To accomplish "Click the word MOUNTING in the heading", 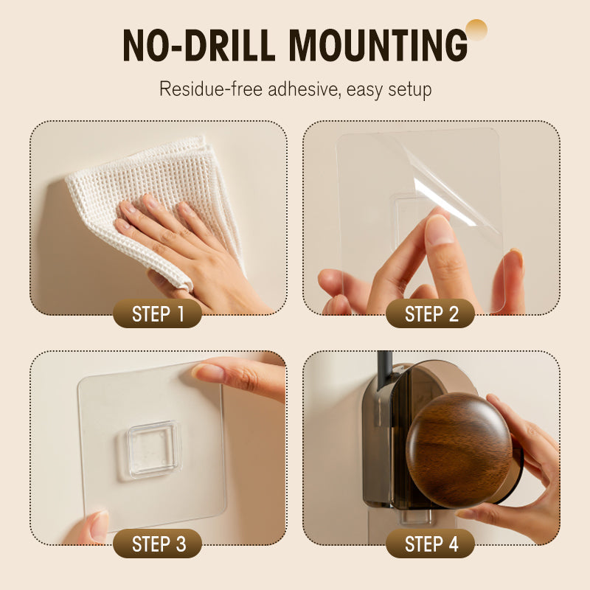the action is [378, 45].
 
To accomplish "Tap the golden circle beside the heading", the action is [476, 29].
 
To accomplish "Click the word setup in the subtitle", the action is [410, 90].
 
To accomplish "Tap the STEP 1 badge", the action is [157, 313].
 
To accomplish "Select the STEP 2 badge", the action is [431, 313].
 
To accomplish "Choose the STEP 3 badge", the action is [157, 544].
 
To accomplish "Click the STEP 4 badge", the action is [431, 544].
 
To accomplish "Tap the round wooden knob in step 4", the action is [459, 450].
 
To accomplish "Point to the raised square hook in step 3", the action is [153, 450].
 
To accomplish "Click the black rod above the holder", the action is [384, 369].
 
